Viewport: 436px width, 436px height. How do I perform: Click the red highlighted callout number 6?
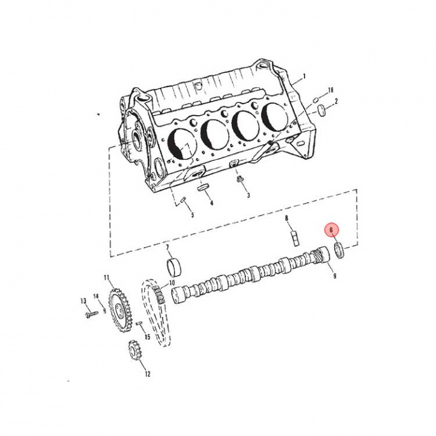pyautogui.click(x=331, y=230)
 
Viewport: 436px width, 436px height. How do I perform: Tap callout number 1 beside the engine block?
pyautogui.click(x=304, y=76)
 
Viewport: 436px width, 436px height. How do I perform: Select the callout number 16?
pyautogui.click(x=331, y=90)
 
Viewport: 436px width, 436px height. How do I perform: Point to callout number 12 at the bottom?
pyautogui.click(x=148, y=374)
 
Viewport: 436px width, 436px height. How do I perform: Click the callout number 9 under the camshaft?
pyautogui.click(x=335, y=276)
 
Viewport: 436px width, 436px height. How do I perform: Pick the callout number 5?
pyautogui.click(x=193, y=215)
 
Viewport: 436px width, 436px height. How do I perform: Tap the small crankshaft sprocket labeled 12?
pyautogui.click(x=134, y=350)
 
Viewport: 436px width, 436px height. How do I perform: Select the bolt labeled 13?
pyautogui.click(x=91, y=314)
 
